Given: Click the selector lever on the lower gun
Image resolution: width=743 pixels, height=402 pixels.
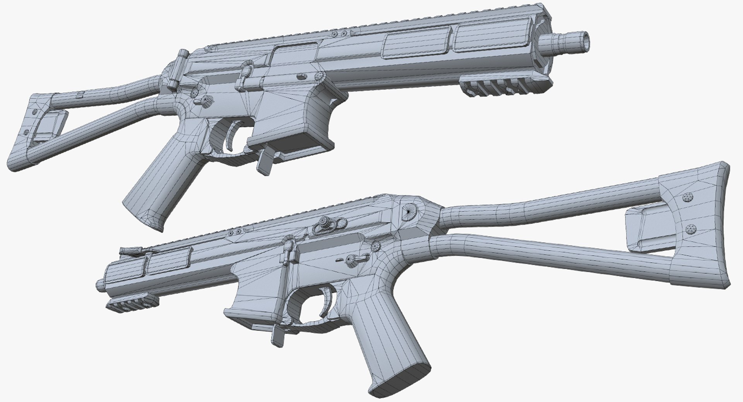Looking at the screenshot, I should (352, 259).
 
